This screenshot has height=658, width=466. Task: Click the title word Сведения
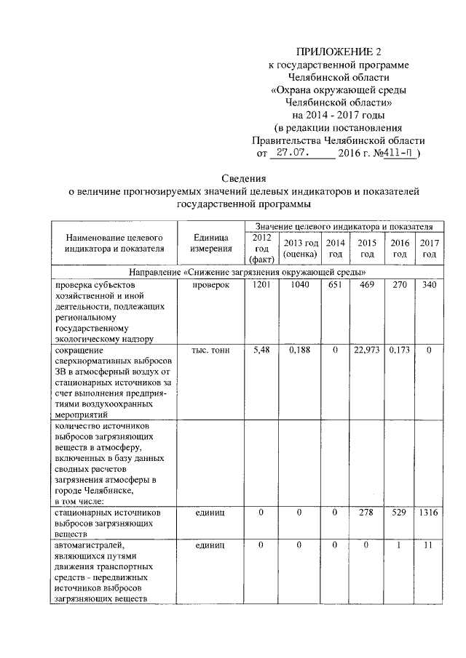coord(245,178)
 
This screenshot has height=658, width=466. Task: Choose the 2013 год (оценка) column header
coord(301,248)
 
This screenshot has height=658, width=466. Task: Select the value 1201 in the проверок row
coord(261,284)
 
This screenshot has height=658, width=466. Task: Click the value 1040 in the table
coord(300,284)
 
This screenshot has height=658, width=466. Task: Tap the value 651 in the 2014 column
coord(334,284)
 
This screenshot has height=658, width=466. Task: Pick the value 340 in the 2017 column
coord(430,284)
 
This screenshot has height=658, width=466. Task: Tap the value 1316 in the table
coord(430,513)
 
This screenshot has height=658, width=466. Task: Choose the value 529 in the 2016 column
coord(399,513)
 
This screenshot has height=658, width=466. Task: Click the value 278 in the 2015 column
coord(368,513)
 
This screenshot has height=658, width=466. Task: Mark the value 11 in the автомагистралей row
coord(430,545)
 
